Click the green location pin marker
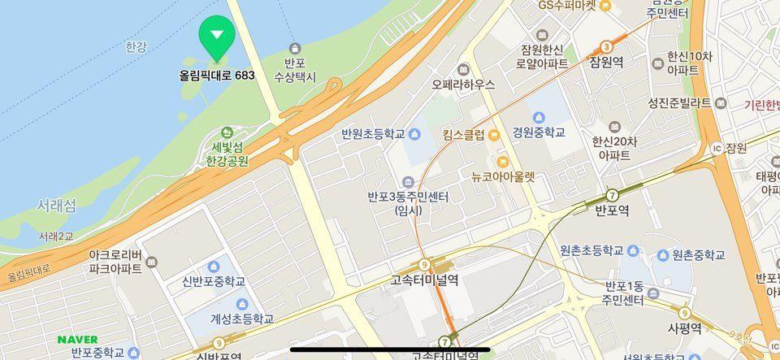tap(216, 37)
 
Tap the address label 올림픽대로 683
tap(217, 75)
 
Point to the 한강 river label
tap(136, 47)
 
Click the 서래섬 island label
tap(56, 206)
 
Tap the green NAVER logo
tap(77, 339)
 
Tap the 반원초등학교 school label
tap(374, 134)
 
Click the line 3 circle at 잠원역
tap(606, 47)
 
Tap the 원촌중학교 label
tap(698, 254)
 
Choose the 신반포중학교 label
tap(214, 281)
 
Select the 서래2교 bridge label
tap(56, 236)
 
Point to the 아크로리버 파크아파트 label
tap(115, 261)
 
